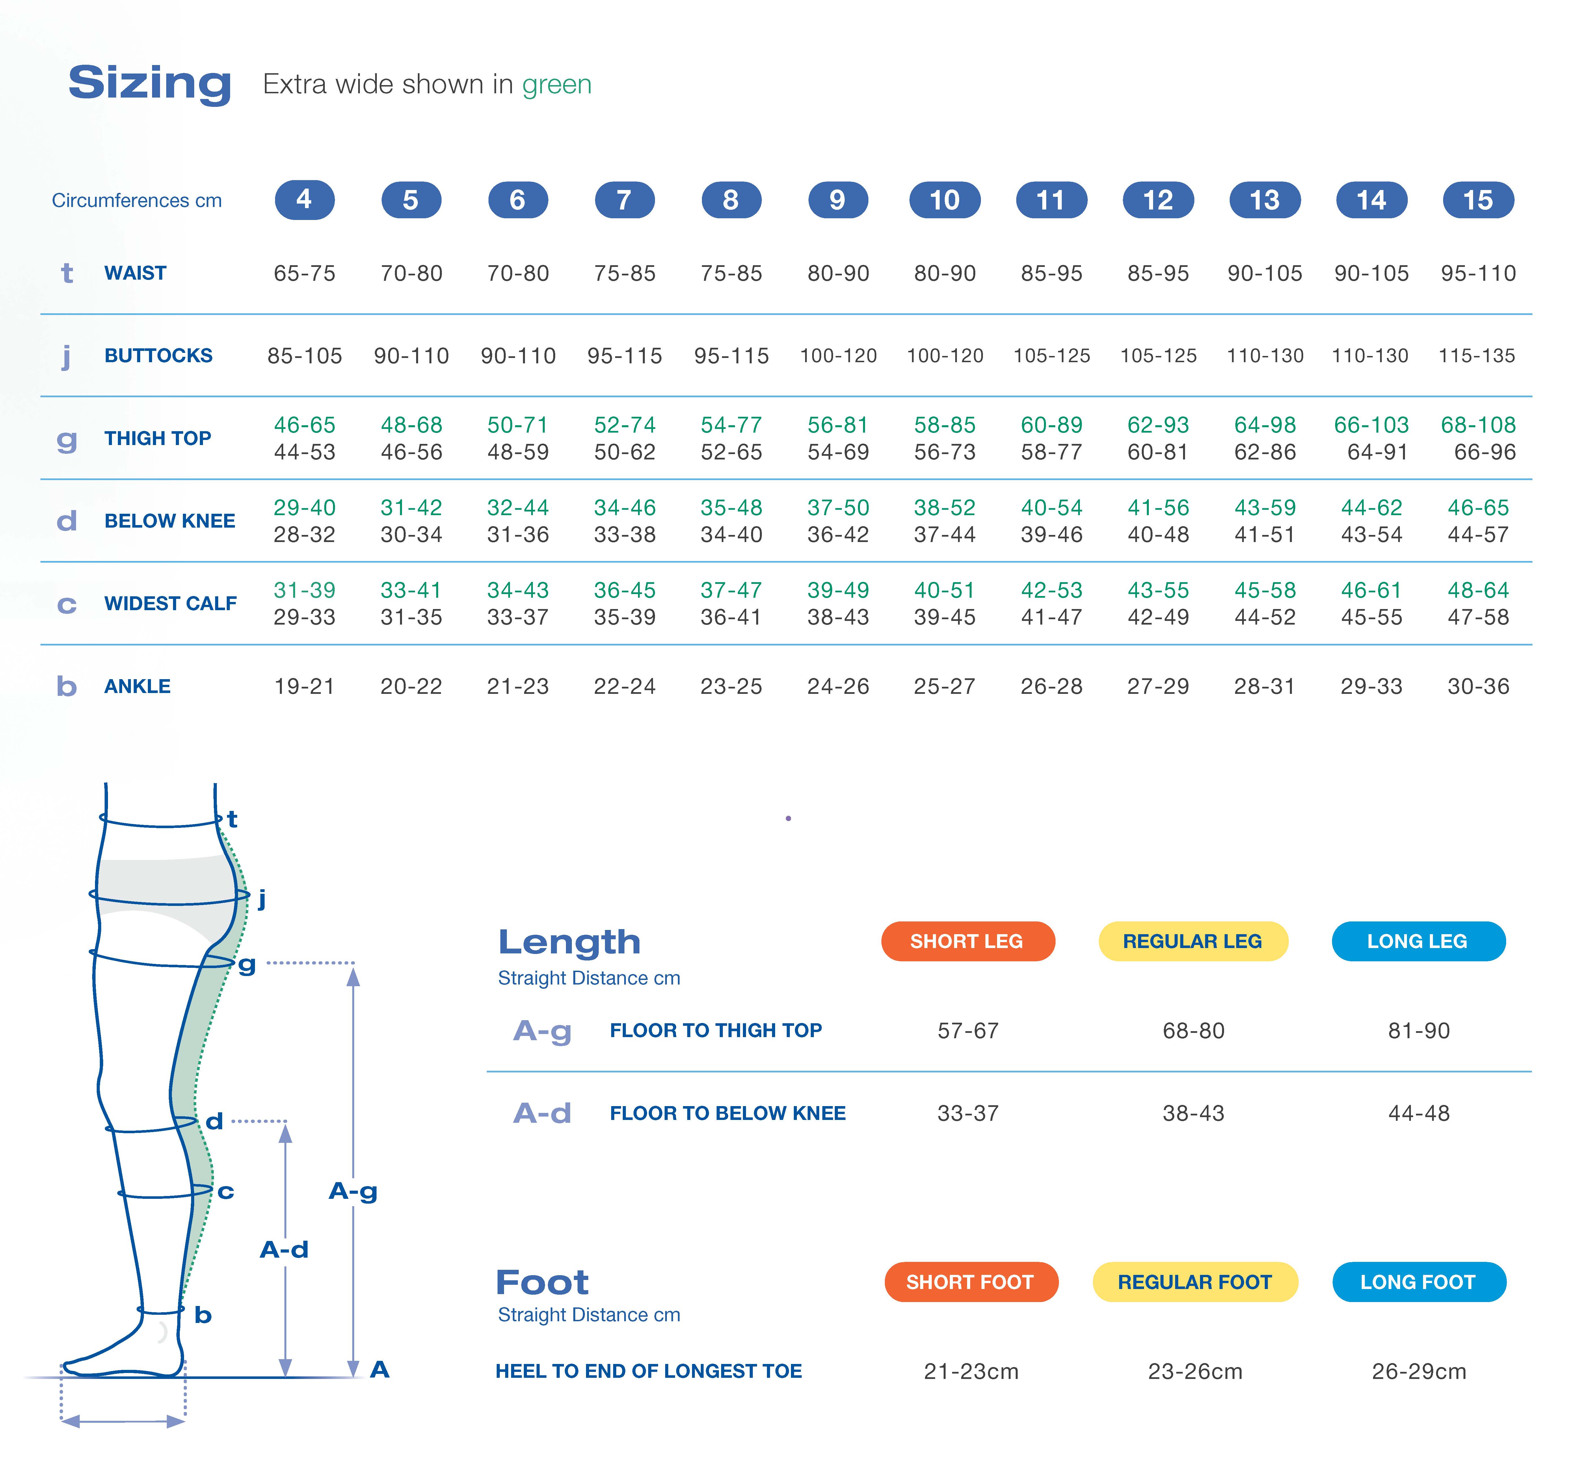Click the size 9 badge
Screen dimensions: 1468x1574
[x=838, y=200]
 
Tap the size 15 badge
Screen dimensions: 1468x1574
[x=1477, y=200]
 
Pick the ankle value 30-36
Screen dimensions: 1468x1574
[x=1477, y=686]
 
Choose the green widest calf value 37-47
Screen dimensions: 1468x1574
[x=731, y=590]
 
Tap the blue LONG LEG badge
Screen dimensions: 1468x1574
[x=1417, y=942]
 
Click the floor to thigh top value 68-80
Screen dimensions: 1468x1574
[x=1193, y=1031]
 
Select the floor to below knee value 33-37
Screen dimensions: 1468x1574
[x=968, y=1113]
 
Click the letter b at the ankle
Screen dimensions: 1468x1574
[x=203, y=1315]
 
